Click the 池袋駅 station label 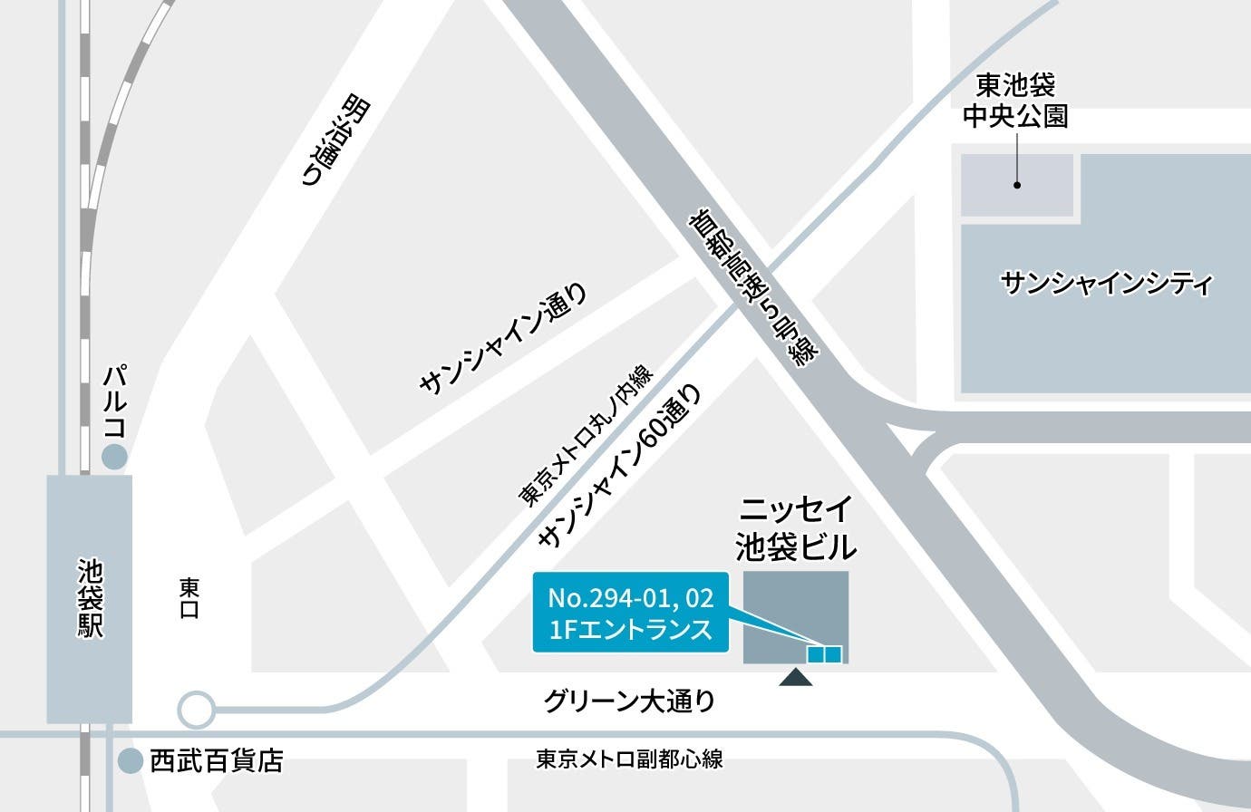90,598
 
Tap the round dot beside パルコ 113,457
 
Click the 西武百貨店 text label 217,760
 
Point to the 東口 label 189,598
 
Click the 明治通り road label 336,141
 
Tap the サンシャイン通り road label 503,339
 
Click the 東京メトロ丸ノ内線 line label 585,436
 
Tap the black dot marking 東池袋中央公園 1017,185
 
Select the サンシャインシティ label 1106,285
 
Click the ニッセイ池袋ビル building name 796,529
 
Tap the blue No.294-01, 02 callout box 631,613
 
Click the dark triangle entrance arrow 796,676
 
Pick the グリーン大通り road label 629,701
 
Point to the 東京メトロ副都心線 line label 629,759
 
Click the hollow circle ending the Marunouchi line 196,710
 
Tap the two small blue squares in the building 825,653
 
